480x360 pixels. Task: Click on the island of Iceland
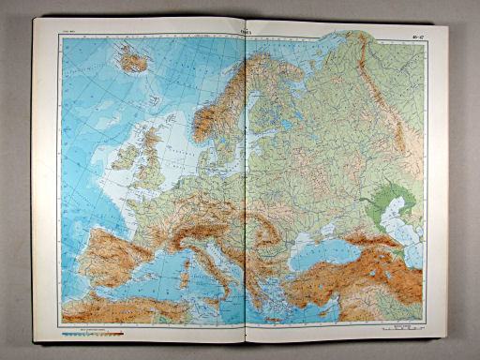tap(134, 63)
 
